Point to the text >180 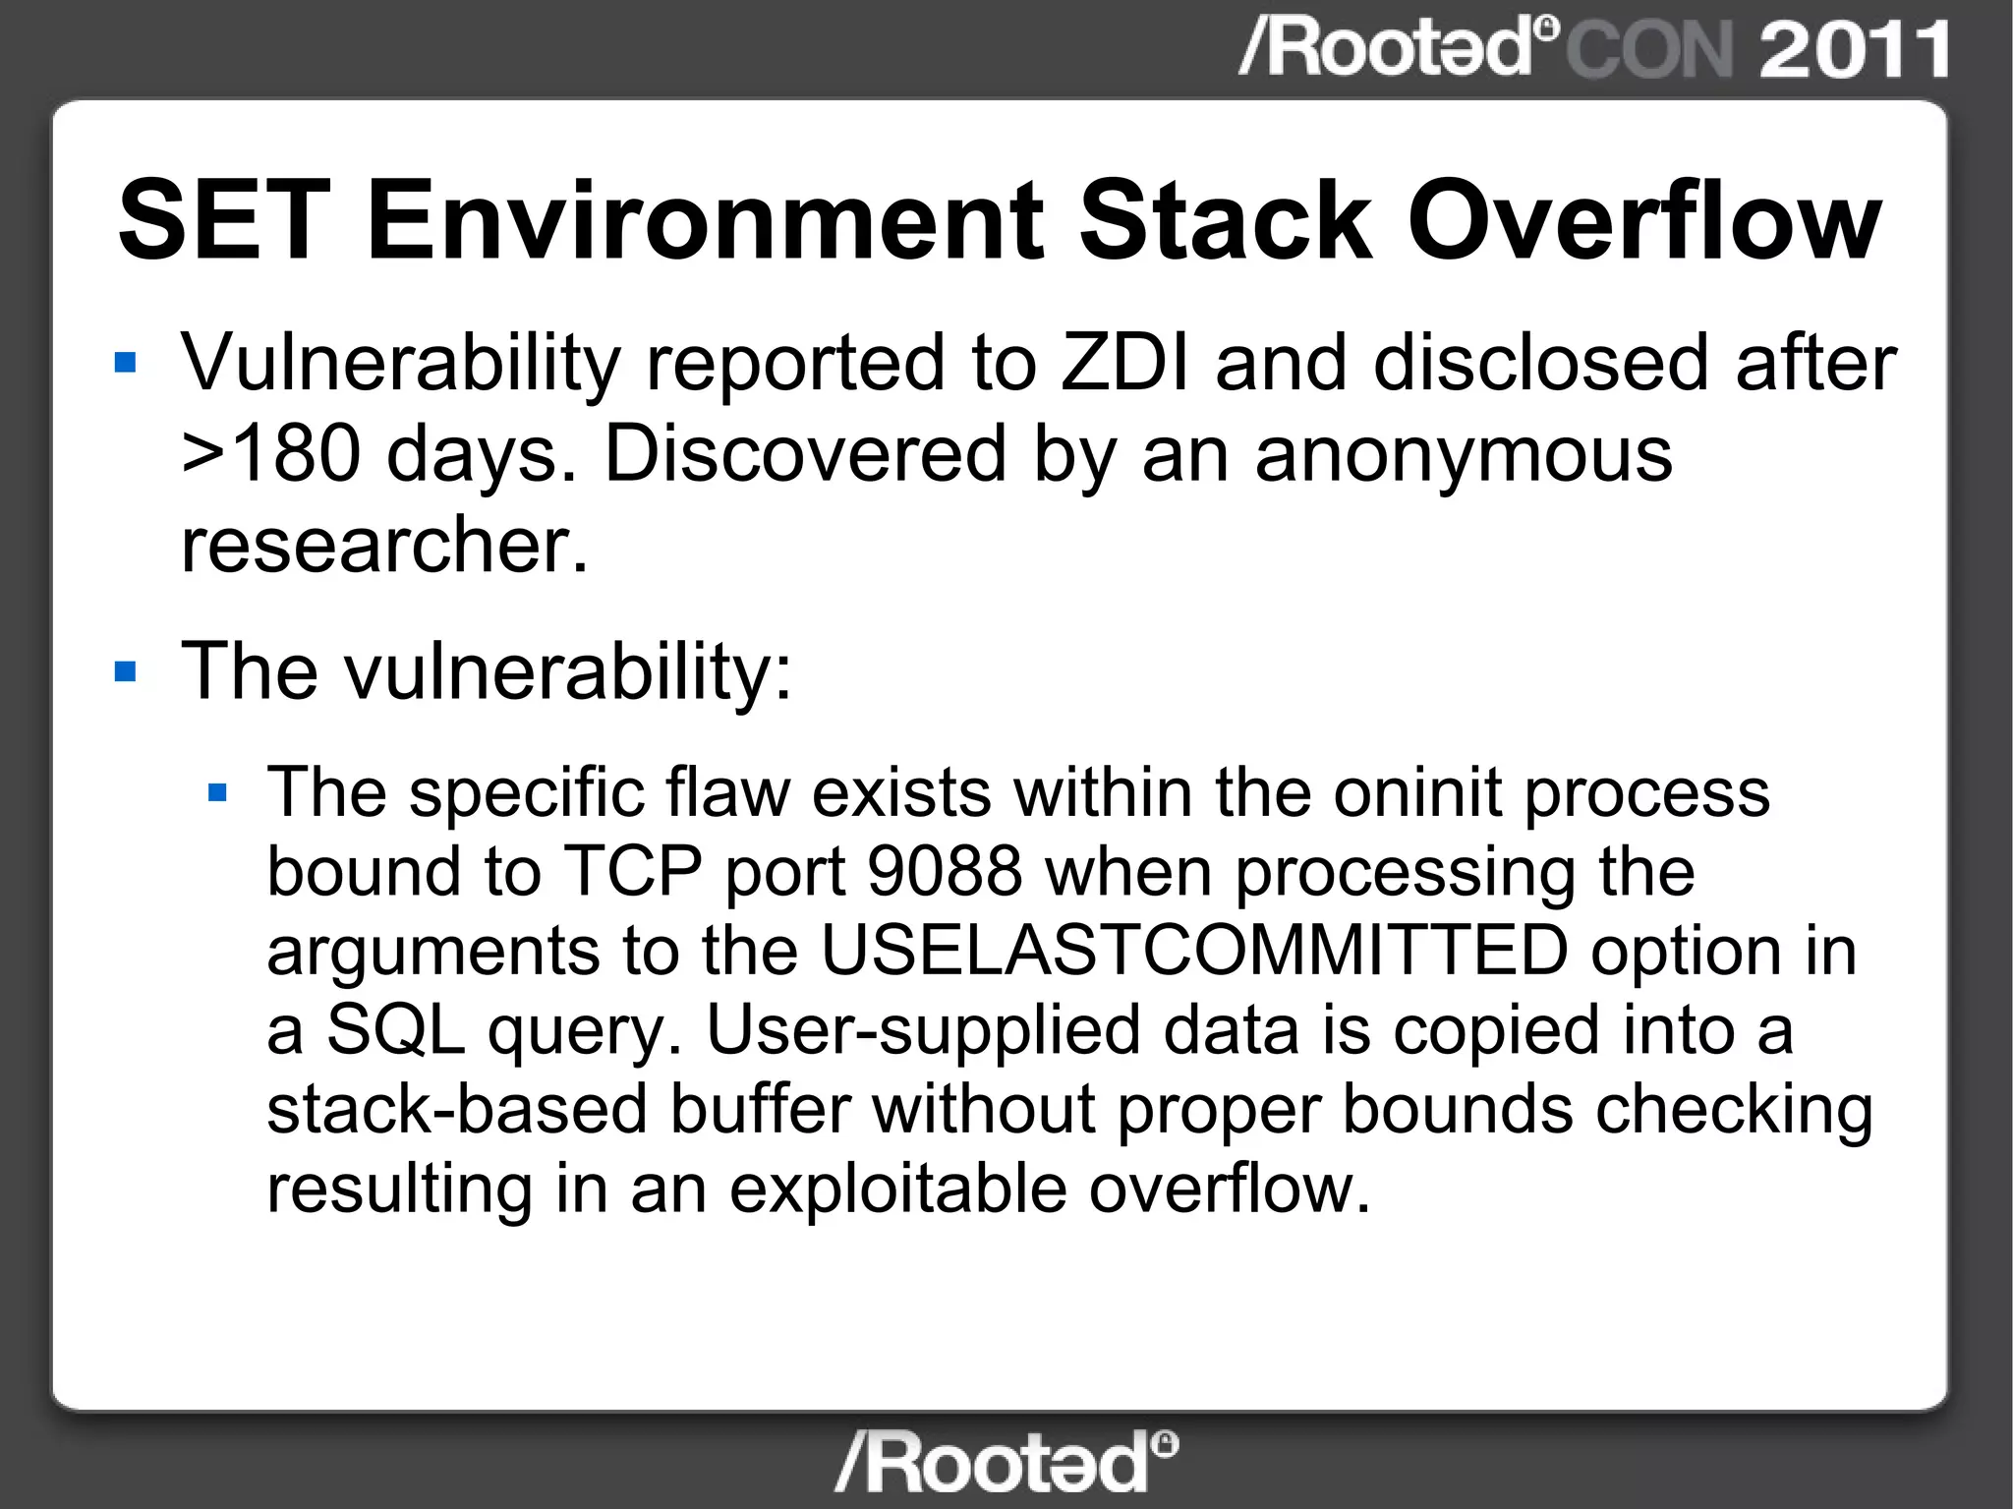(x=270, y=454)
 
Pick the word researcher (x=383, y=545)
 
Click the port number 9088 (x=945, y=872)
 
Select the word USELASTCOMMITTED (x=1193, y=951)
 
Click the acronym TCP (x=632, y=872)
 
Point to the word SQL (x=395, y=1030)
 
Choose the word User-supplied (x=922, y=1030)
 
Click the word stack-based (x=457, y=1110)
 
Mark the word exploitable (x=897, y=1190)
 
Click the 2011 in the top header (x=1854, y=49)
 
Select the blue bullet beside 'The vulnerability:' (x=125, y=672)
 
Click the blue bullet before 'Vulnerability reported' (x=125, y=364)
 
